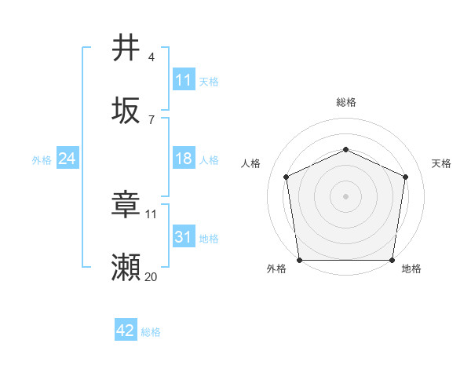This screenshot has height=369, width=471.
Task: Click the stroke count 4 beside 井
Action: pos(152,57)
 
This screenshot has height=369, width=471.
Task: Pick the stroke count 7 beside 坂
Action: pos(152,119)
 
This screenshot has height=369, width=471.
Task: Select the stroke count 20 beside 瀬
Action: pos(151,277)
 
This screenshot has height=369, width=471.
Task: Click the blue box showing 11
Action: pos(183,80)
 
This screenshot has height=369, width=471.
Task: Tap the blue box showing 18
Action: pos(183,159)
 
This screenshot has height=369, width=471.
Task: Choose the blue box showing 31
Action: pos(183,237)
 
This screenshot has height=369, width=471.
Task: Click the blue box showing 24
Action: pos(67,159)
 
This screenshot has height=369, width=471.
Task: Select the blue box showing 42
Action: pos(125,331)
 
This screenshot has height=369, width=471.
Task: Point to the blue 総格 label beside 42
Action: pos(151,332)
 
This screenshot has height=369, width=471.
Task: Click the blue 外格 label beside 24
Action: pos(42,160)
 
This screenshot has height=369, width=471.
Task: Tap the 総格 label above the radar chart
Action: pos(345,102)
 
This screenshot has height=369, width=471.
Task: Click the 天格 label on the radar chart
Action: pos(441,163)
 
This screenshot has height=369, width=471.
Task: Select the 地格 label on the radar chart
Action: pos(411,269)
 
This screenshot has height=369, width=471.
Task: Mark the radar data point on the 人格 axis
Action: pos(286,177)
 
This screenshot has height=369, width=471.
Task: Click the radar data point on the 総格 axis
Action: pos(345,149)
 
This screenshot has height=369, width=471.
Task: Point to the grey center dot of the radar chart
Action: pos(345,196)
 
